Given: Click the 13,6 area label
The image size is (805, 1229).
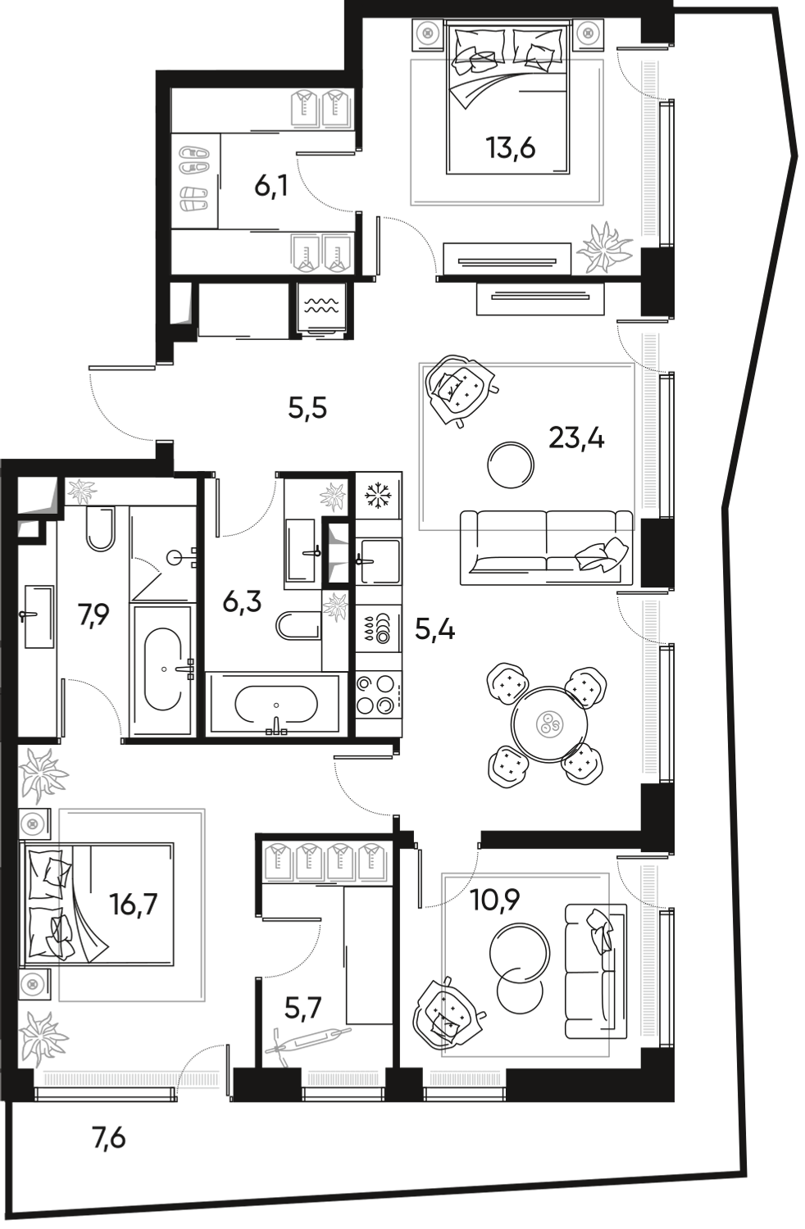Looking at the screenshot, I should (x=509, y=148).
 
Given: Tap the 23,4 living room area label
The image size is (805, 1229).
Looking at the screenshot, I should (x=575, y=440).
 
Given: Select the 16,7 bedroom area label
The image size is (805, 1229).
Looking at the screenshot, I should (x=133, y=906).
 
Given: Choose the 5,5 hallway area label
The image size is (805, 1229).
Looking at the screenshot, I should (x=307, y=407).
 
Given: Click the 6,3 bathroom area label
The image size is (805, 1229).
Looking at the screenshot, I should (x=242, y=604).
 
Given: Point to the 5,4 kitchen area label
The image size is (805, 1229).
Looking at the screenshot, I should (x=434, y=631).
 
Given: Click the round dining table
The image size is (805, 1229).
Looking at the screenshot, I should (x=547, y=724).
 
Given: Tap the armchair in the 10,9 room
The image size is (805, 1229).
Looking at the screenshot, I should (x=448, y=1013).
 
